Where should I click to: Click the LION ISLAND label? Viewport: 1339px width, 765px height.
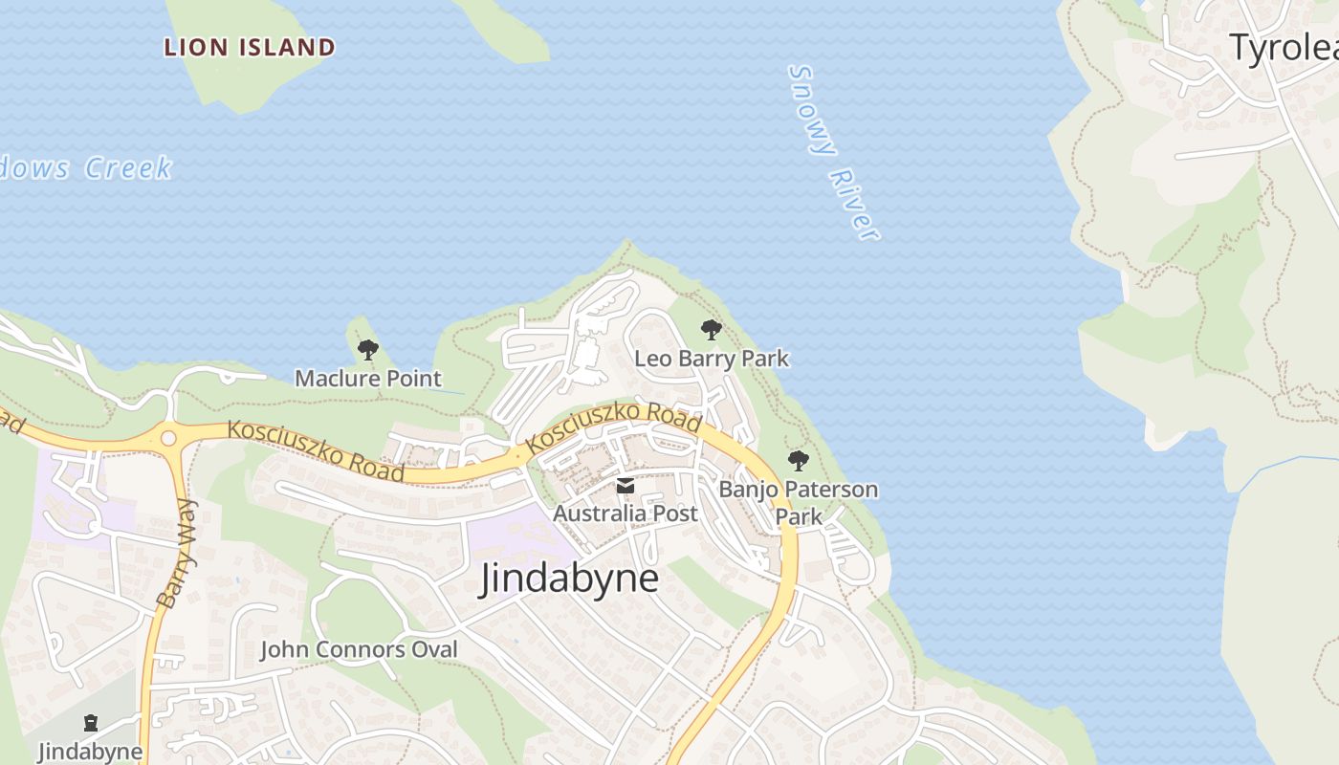tap(250, 47)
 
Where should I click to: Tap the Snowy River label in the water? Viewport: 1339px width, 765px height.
tap(833, 153)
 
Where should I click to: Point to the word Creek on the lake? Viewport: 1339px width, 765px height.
tap(128, 168)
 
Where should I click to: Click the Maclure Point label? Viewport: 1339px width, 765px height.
tap(368, 379)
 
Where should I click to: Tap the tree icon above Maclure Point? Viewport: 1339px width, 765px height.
tap(368, 350)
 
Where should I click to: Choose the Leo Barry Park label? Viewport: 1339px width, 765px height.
tap(713, 359)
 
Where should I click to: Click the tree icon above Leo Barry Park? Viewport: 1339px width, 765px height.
tap(711, 330)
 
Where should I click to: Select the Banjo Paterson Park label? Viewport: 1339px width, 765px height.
tap(799, 502)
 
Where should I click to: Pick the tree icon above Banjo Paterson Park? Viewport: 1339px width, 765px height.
tap(799, 461)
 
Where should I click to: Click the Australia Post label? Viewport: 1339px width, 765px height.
tap(626, 514)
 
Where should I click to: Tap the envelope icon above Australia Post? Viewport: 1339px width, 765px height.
tap(626, 487)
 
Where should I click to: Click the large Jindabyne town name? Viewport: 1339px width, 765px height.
tap(569, 579)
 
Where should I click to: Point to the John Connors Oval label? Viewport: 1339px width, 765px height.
tap(359, 650)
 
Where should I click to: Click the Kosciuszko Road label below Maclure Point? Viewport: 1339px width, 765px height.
tap(316, 453)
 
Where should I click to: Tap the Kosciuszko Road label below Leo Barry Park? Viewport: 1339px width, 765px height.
tap(614, 428)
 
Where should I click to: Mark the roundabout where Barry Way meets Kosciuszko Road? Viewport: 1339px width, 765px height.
tap(169, 439)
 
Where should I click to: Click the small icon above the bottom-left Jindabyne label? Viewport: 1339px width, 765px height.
tap(91, 722)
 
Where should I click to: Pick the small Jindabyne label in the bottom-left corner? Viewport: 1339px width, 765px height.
tap(91, 752)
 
